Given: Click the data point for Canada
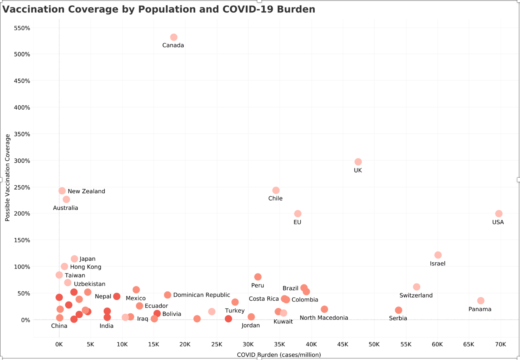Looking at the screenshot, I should [174, 37].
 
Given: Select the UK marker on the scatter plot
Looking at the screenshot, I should [358, 162].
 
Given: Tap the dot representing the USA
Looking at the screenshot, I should [499, 214].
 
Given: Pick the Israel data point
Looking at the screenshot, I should [438, 255].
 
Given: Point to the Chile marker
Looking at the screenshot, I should [276, 190].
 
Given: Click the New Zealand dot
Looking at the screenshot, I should [62, 191].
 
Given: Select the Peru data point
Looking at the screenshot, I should [258, 277].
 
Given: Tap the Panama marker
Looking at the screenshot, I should [481, 301].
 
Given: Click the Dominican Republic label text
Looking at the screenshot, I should [202, 295].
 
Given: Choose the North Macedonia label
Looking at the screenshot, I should [324, 318].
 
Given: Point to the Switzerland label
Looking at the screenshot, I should [416, 296].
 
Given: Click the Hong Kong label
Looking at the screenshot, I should [85, 267].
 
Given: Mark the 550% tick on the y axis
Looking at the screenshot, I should [22, 28].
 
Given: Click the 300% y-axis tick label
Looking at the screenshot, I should [22, 161].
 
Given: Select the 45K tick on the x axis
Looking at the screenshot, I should [343, 345].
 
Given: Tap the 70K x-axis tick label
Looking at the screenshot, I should [500, 345].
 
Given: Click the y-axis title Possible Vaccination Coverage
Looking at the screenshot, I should [7, 178].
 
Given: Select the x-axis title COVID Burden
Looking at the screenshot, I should [279, 355].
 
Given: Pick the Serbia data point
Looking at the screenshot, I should [398, 310].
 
